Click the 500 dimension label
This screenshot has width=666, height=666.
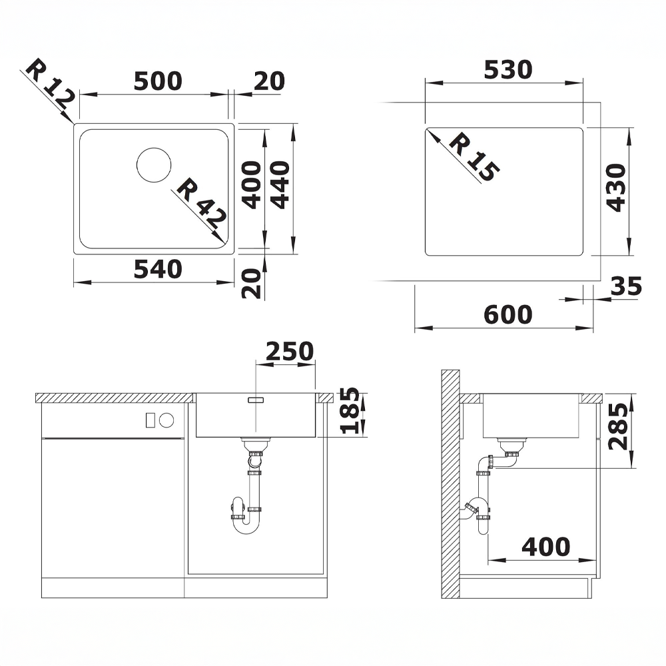pos(158,81)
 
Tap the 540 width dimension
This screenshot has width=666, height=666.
pos(158,269)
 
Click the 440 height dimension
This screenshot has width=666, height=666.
pos(280,184)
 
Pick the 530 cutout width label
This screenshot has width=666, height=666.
pos(508,70)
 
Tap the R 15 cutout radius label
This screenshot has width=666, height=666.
pos(474,157)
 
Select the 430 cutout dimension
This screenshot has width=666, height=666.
pos(615,187)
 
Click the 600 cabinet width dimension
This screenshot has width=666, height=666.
pos(508,315)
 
